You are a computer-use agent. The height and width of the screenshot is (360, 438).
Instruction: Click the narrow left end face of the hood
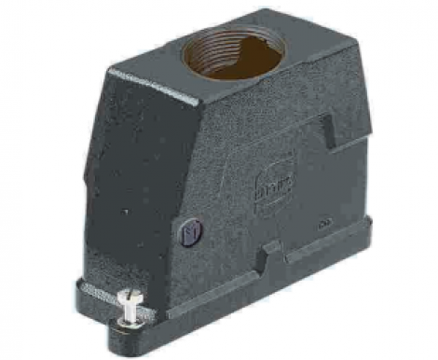[x=93, y=177]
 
